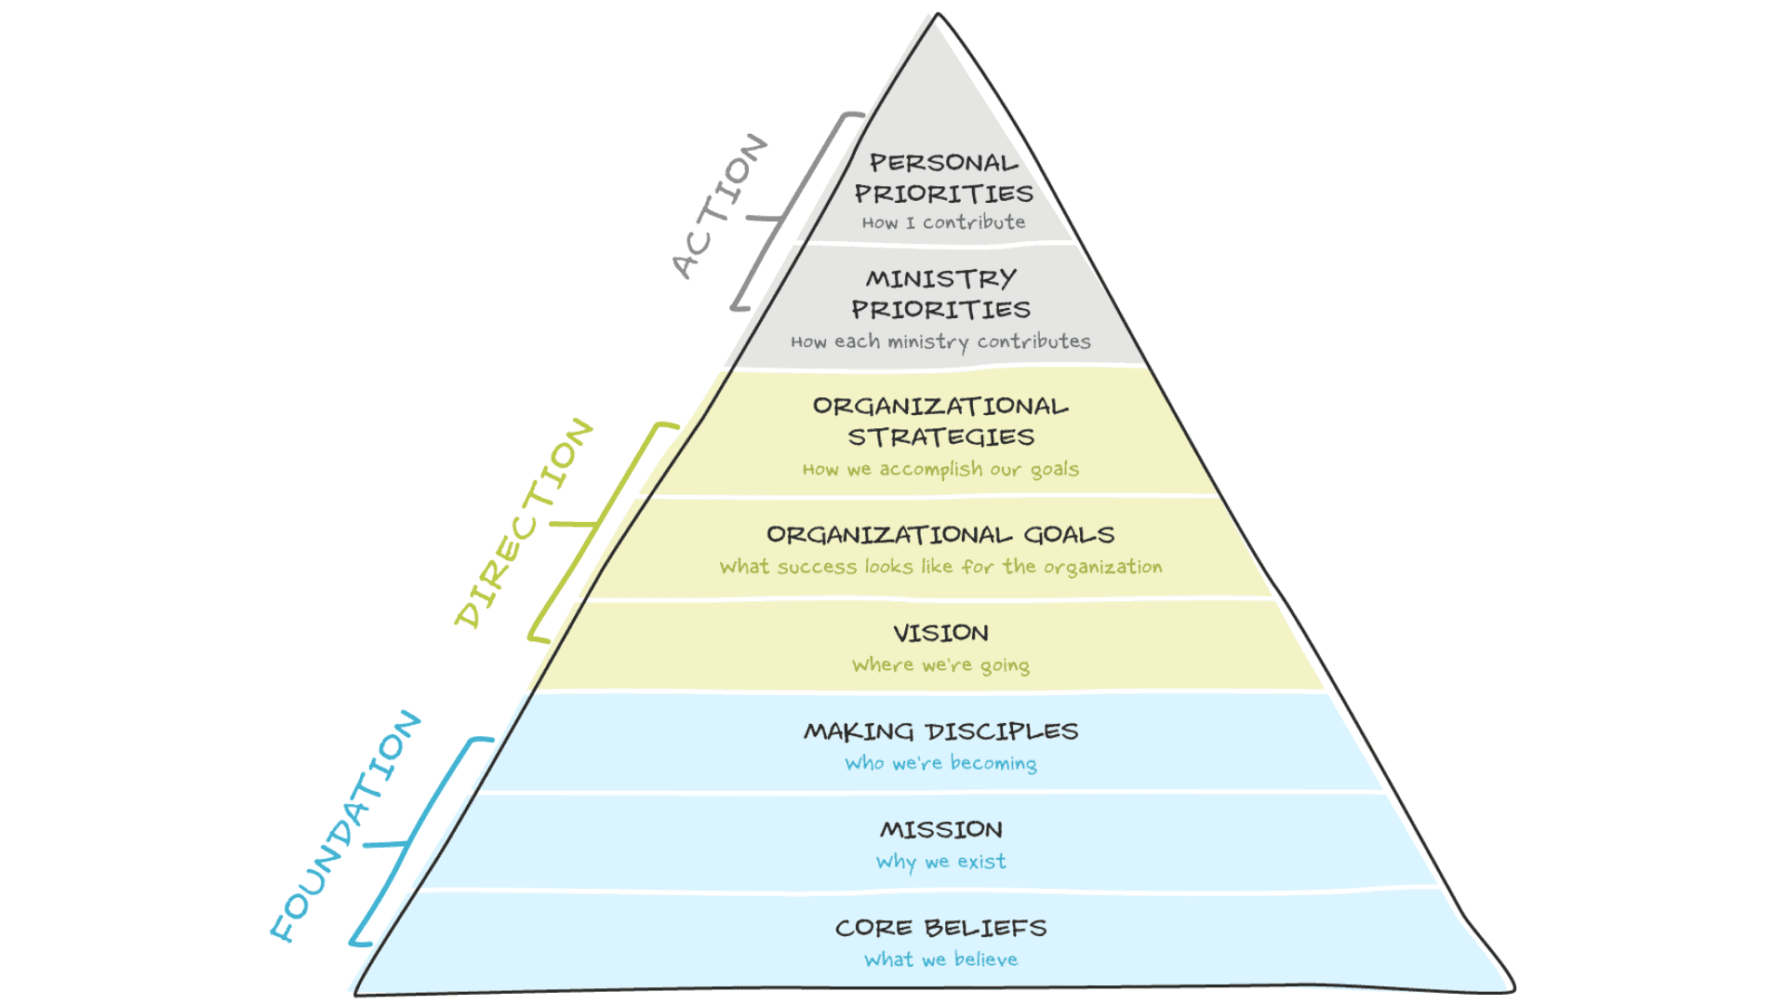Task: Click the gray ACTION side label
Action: click(719, 206)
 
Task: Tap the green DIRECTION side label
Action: click(524, 523)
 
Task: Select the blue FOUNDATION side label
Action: click(345, 825)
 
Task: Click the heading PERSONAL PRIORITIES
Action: click(943, 178)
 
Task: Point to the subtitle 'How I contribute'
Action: click(943, 222)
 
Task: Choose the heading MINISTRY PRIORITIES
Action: click(941, 293)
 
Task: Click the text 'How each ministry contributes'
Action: click(940, 342)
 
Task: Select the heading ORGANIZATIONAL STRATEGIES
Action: click(940, 421)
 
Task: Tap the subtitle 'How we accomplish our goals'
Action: click(940, 469)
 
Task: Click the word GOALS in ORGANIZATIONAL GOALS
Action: click(1069, 535)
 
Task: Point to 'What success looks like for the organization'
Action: click(940, 567)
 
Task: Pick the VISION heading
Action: click(940, 633)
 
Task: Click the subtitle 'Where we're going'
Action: click(940, 665)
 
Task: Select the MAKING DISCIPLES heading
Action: click(940, 731)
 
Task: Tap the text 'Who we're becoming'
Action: click(940, 763)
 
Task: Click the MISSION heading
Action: click(941, 829)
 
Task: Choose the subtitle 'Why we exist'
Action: click(940, 862)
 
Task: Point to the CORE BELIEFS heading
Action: click(940, 928)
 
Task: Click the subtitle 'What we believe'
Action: click(940, 959)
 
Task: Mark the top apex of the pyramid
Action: click(938, 16)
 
